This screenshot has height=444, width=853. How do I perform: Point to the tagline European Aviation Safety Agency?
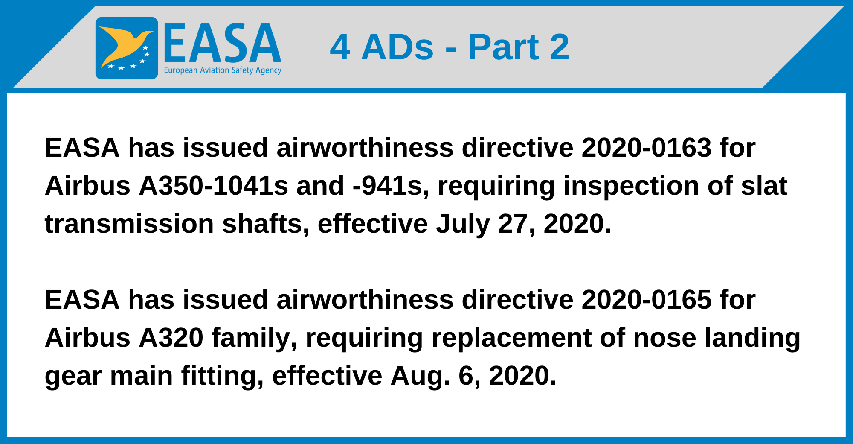tap(222, 70)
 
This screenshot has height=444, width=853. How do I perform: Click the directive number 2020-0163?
tap(646, 148)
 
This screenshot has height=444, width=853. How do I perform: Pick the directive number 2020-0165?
tap(646, 300)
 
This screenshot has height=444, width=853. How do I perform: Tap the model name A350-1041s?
tap(213, 186)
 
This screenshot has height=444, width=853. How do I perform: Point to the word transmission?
tap(129, 224)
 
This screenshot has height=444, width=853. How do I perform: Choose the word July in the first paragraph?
tap(462, 224)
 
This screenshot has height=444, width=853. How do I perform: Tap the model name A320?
tap(171, 338)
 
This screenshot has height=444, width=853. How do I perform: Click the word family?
tap(254, 339)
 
